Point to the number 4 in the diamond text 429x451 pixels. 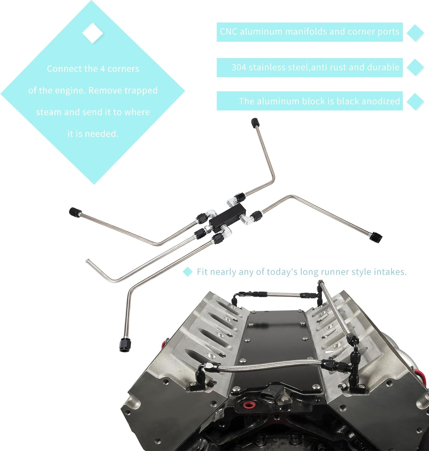coord(102,69)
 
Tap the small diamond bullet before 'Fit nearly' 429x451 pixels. coord(188,272)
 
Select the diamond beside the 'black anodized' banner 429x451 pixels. coord(415,101)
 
